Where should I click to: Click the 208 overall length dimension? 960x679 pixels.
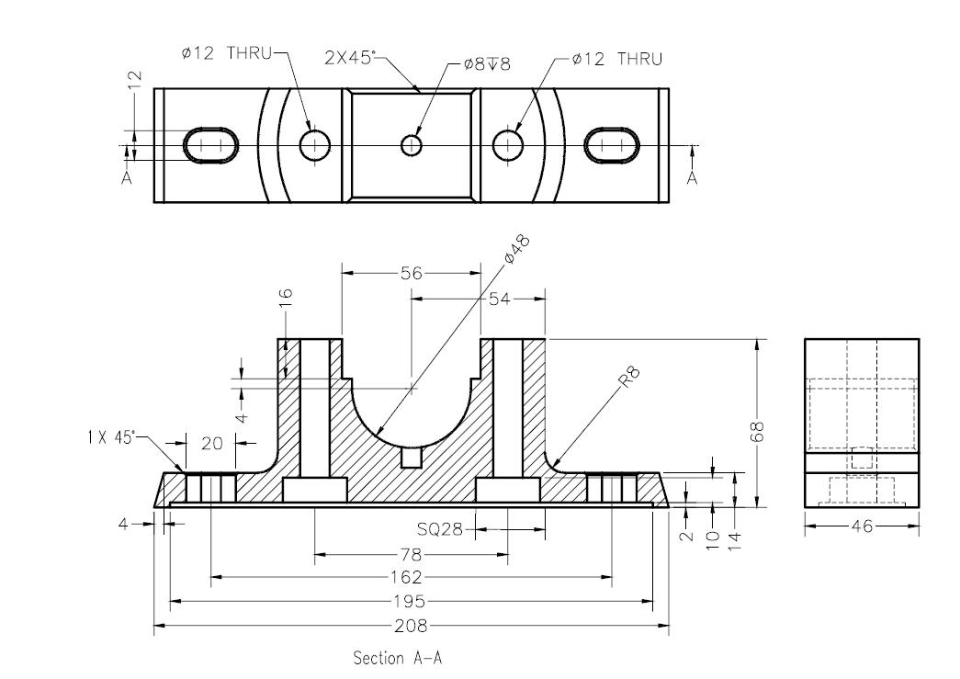point(411,627)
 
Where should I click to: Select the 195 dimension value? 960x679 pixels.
point(411,602)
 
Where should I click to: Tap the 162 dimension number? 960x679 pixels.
point(411,578)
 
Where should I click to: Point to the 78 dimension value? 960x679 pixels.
point(411,554)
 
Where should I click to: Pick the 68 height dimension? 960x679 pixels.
point(758,432)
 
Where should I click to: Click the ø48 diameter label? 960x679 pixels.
point(520,248)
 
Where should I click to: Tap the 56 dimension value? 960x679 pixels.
point(411,273)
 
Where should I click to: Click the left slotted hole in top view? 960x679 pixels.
point(212,145)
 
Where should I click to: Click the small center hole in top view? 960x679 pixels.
point(411,145)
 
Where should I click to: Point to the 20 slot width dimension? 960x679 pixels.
point(211,443)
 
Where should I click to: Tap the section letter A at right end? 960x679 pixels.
point(692,177)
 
